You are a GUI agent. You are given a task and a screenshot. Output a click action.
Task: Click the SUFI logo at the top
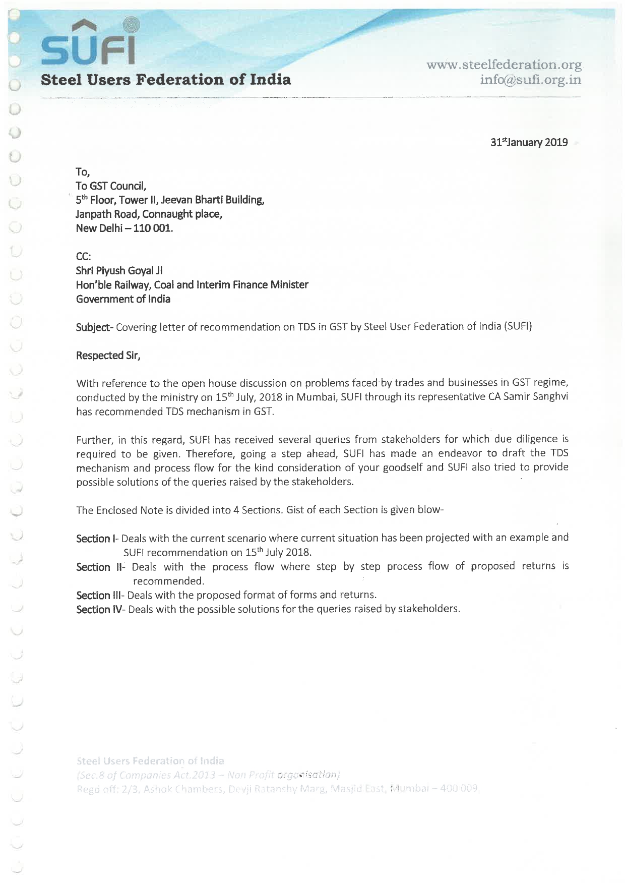click(x=89, y=43)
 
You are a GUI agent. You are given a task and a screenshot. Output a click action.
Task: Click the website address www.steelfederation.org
click(x=504, y=65)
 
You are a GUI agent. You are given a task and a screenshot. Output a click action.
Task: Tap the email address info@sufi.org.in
click(x=530, y=80)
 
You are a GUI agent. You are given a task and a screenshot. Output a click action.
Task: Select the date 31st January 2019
click(x=529, y=142)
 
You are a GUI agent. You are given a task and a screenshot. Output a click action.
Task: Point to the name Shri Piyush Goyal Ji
click(x=119, y=270)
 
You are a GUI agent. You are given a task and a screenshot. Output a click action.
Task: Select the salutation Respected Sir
click(x=108, y=356)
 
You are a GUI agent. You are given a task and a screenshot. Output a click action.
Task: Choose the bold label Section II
click(x=100, y=567)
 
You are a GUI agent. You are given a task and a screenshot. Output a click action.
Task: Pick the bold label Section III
click(x=100, y=595)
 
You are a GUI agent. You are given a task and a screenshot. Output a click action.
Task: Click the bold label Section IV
click(x=100, y=609)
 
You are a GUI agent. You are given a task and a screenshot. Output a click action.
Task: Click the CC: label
click(x=84, y=257)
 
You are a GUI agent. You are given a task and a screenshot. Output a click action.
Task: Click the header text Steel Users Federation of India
click(x=166, y=80)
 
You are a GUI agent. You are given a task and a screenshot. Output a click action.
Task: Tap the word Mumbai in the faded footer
click(x=411, y=788)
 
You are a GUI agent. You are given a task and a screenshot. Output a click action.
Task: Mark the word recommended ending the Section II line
click(x=168, y=581)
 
